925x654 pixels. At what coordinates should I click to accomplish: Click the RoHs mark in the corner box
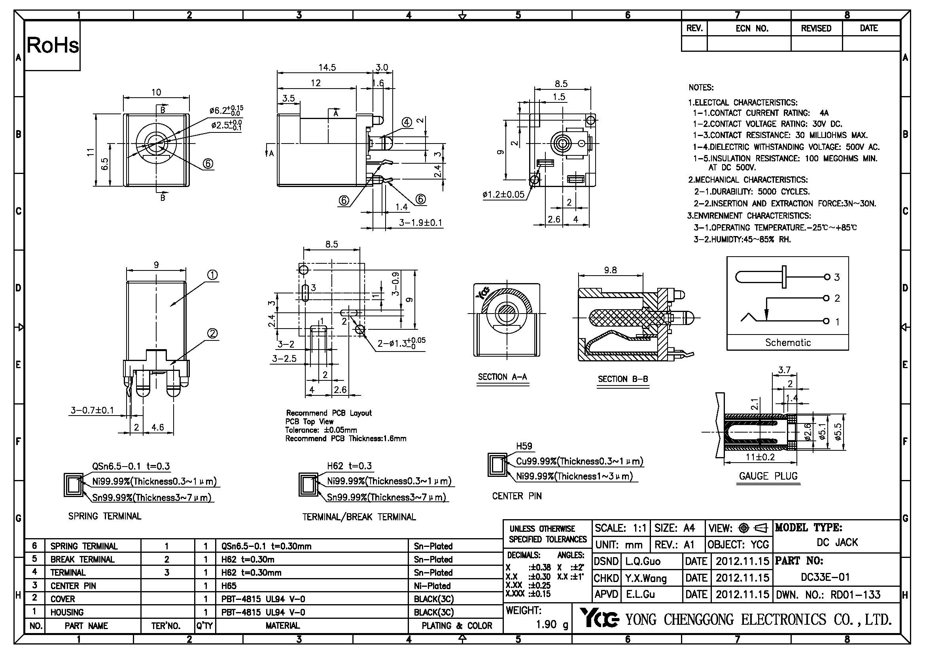53,45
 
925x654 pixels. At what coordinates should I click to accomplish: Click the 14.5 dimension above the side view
327,67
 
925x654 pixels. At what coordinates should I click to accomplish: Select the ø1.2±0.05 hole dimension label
503,195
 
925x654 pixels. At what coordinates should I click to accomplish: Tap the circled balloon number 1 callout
212,275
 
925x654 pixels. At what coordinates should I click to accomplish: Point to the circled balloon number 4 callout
407,123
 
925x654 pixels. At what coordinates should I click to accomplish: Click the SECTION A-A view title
502,377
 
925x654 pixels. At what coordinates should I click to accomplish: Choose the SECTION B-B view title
622,379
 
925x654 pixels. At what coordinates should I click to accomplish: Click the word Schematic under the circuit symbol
788,342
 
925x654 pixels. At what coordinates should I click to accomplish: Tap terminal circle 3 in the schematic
827,277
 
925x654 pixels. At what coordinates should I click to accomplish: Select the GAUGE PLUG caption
768,476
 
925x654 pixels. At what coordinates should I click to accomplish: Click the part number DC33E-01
825,577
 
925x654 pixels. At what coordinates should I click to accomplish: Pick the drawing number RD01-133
856,594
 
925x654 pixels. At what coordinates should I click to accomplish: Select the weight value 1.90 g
552,624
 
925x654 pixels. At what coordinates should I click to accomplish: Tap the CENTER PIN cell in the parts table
73,586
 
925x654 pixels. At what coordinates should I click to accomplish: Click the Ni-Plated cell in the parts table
433,586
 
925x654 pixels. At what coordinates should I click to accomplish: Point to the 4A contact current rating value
823,113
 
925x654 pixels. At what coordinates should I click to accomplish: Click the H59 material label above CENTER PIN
524,446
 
